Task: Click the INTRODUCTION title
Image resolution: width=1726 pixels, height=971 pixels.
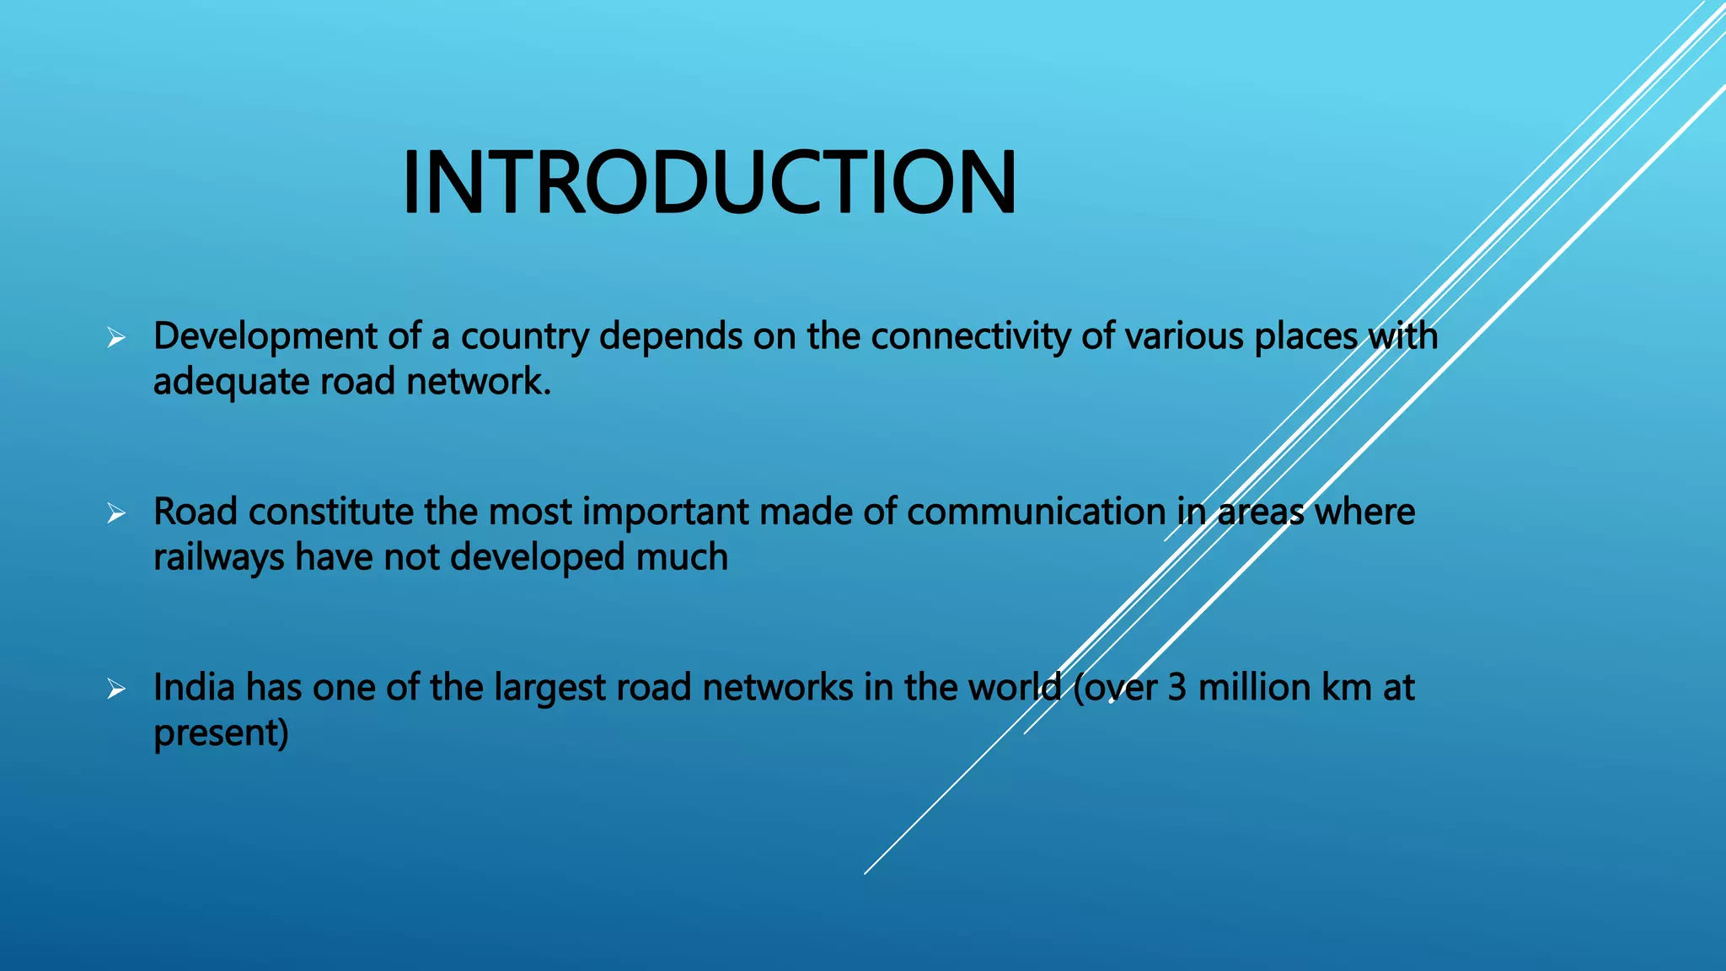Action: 710,183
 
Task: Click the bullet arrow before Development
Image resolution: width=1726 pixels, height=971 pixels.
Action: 116,339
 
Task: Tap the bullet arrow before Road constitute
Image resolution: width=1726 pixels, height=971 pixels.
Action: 116,513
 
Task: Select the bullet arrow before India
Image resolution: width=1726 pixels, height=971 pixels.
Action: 116,689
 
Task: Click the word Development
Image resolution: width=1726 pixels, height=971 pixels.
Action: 265,336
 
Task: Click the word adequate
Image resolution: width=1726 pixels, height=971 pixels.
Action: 231,382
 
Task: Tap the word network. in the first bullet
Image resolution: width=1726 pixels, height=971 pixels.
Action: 479,382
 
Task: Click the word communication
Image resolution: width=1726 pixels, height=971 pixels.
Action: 1036,512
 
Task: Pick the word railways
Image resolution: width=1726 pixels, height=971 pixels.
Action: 218,558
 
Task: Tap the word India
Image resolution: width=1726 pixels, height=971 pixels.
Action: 193,687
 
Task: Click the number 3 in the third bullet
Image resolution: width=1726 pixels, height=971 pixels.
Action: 1177,687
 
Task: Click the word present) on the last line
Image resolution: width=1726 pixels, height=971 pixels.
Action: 221,733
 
